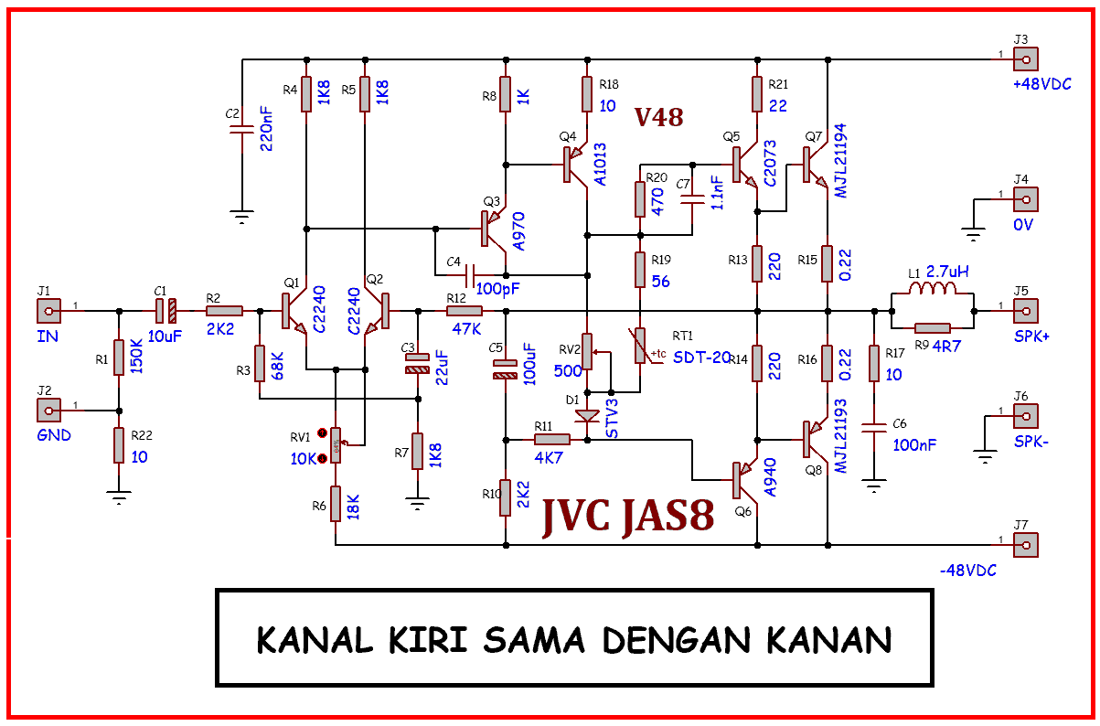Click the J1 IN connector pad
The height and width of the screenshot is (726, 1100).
(x=48, y=311)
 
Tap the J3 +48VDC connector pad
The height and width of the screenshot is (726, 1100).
(x=1026, y=59)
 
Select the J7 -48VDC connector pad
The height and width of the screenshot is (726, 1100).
(x=1026, y=545)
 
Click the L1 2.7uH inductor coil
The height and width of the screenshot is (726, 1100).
(x=932, y=288)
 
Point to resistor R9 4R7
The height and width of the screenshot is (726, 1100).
(x=933, y=327)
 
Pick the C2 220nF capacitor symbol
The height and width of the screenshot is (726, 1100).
(x=241, y=130)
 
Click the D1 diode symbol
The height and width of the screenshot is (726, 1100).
(x=587, y=417)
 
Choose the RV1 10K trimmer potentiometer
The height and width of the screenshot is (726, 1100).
(x=336, y=445)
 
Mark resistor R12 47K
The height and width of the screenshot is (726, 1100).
(x=465, y=311)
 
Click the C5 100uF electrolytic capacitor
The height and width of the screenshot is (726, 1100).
(x=506, y=369)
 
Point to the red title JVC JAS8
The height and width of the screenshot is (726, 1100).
(x=627, y=516)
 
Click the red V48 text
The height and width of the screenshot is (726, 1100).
(x=658, y=117)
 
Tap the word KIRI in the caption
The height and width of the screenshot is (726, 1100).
(x=428, y=640)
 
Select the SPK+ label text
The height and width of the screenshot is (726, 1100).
(x=1031, y=336)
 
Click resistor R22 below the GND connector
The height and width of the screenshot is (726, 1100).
(x=119, y=445)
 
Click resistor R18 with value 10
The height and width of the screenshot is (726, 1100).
(x=587, y=94)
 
